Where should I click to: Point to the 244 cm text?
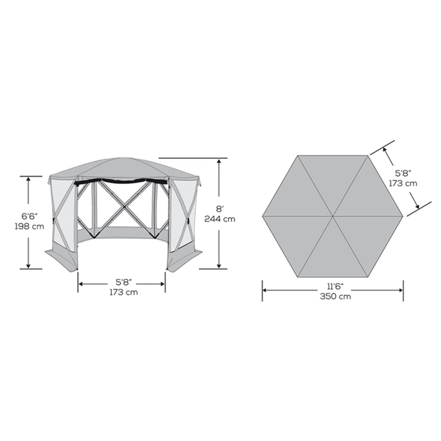point(219,219)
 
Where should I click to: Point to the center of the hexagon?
point(333,217)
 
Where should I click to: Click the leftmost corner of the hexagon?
point(263,217)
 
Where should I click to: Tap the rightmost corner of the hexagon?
point(403,217)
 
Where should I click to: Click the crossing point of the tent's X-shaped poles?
point(123,204)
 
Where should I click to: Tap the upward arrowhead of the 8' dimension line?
point(219,161)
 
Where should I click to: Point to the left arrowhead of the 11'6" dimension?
point(265,290)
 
